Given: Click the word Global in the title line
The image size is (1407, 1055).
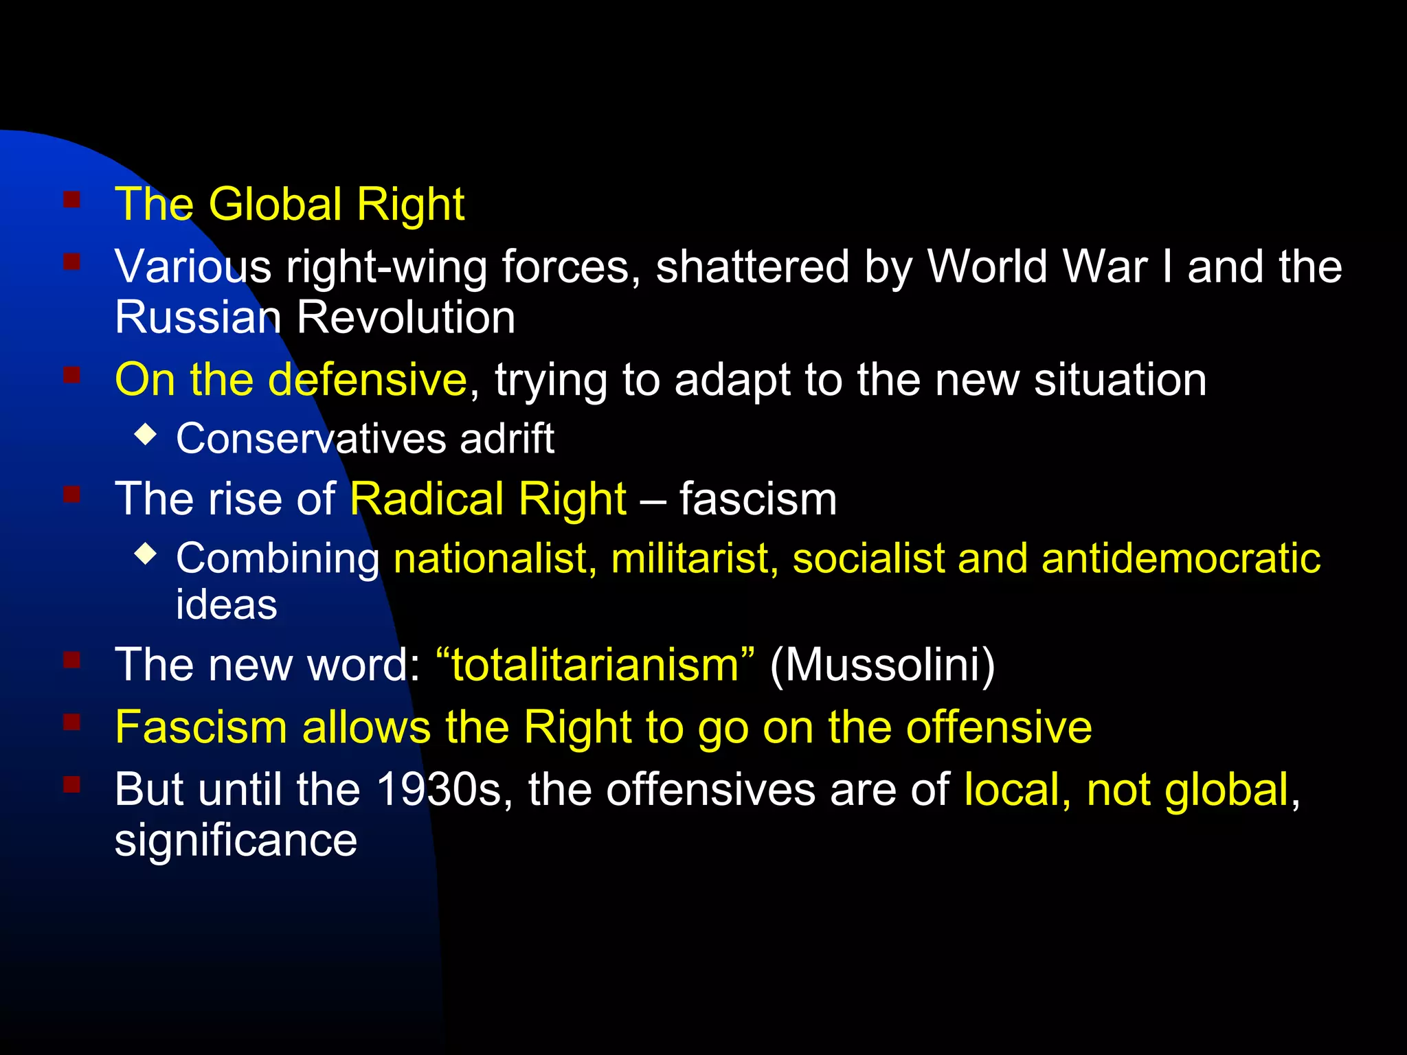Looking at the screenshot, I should tap(275, 205).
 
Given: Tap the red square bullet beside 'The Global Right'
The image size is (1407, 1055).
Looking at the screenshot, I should tap(72, 200).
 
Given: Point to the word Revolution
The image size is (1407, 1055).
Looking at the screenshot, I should tap(405, 317).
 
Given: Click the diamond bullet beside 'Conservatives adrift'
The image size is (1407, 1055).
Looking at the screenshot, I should tap(146, 434).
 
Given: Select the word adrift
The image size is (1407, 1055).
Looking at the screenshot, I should tap(507, 438).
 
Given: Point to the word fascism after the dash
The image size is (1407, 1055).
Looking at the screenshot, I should tap(758, 499).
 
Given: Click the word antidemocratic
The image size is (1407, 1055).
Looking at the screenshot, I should tap(1180, 558).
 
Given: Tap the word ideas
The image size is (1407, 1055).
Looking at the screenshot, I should tap(227, 604).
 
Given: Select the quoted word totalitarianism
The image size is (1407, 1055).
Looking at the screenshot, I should tap(595, 665).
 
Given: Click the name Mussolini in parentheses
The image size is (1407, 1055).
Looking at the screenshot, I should tap(882, 665).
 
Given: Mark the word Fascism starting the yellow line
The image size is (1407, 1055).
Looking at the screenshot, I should tap(201, 727).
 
